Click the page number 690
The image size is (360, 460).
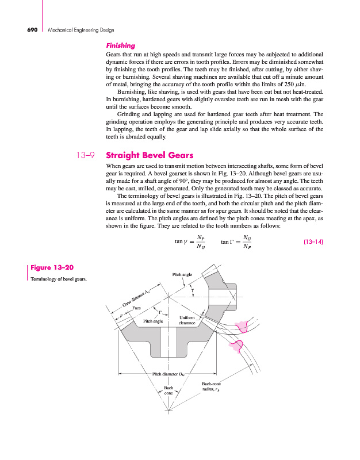click(29, 29)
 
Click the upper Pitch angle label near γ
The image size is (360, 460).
click(182, 275)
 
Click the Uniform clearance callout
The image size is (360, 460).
click(188, 320)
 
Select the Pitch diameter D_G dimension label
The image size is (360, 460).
click(172, 374)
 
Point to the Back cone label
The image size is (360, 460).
click(168, 390)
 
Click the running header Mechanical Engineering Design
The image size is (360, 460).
click(73, 29)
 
